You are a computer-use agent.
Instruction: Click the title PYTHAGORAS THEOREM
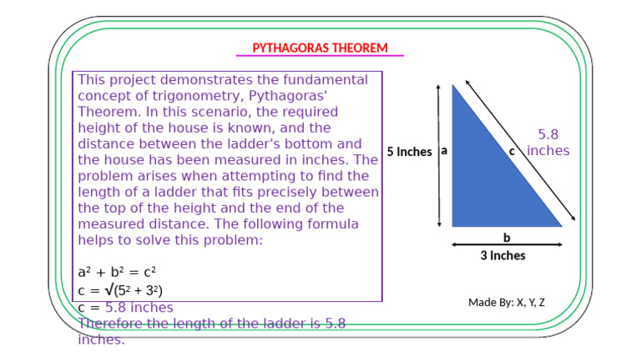click(320, 48)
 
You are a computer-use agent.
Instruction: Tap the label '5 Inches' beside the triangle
click(410, 152)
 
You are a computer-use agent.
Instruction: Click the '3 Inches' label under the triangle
click(502, 256)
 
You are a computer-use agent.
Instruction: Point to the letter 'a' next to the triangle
click(444, 151)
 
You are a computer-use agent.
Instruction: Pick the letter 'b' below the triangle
click(506, 237)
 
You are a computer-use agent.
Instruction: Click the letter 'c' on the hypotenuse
click(512, 151)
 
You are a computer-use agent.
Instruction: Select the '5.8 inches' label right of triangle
click(548, 143)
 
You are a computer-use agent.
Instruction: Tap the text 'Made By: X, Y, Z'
click(506, 302)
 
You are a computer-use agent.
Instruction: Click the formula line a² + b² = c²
click(117, 273)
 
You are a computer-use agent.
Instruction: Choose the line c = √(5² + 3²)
click(120, 290)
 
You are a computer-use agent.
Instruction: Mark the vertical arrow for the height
click(438, 155)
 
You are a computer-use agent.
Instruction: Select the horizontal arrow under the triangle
click(506, 245)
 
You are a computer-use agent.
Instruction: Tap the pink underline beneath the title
click(320, 56)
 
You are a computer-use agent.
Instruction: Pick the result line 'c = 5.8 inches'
click(125, 308)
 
